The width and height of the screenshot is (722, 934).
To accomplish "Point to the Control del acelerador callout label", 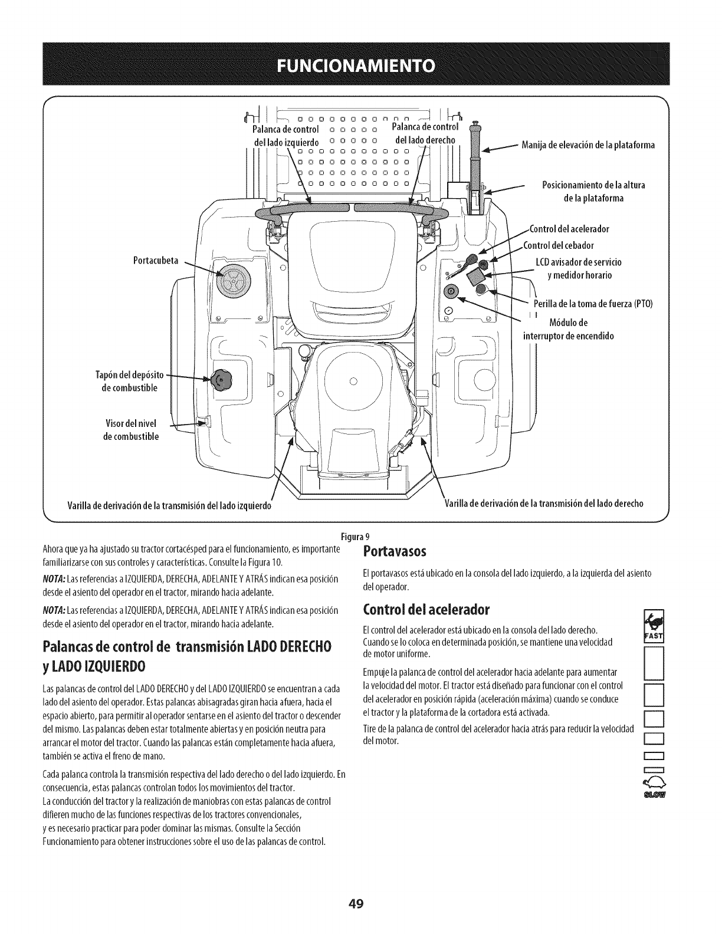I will (x=569, y=229).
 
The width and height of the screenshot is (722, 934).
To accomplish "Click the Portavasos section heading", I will (x=394, y=552).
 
